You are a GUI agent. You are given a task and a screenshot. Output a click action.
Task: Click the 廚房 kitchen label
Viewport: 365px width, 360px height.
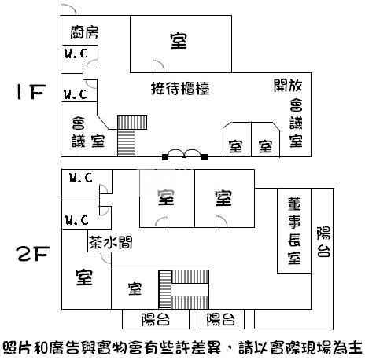(84, 32)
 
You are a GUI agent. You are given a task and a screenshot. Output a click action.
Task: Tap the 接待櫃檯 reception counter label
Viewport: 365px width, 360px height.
(180, 88)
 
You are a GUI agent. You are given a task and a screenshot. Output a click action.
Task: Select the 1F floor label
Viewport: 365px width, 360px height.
(31, 92)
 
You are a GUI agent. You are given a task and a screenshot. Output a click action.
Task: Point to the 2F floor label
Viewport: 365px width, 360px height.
(33, 254)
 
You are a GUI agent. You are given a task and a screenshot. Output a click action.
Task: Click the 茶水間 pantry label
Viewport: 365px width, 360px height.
(111, 242)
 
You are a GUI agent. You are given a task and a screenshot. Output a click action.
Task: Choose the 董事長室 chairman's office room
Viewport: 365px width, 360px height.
(294, 230)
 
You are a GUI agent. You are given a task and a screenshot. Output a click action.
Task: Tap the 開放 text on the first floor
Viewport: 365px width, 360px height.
(288, 86)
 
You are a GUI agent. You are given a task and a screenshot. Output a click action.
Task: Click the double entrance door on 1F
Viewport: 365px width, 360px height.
(185, 153)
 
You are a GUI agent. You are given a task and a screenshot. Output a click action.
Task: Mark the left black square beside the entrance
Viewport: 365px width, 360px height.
(165, 157)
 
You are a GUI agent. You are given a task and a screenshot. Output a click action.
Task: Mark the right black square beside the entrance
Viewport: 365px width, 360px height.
(205, 157)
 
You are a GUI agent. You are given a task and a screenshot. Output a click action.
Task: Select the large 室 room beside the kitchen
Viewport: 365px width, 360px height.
(181, 44)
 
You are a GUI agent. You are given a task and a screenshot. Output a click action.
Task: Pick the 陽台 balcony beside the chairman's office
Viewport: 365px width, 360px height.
(323, 259)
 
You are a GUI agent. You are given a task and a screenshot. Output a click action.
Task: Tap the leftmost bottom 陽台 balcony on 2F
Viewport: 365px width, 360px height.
(156, 319)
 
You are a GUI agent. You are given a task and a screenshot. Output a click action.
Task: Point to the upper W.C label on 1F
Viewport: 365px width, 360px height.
(76, 53)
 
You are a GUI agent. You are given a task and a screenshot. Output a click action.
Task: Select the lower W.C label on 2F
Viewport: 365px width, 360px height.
(76, 220)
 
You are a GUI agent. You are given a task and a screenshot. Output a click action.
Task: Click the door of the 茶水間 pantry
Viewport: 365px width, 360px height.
(106, 258)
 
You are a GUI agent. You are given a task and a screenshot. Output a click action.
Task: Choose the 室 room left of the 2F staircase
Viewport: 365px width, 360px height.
(135, 289)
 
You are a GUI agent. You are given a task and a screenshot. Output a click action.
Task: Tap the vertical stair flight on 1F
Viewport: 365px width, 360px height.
(126, 143)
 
